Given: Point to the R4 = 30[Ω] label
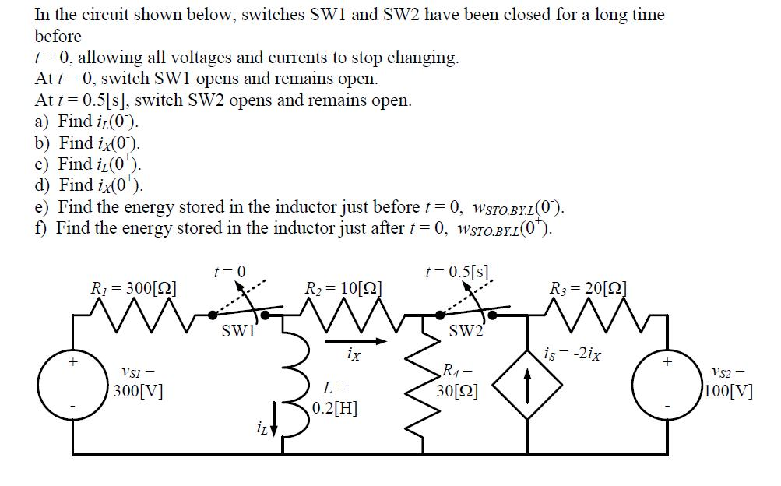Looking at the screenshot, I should tap(459, 379).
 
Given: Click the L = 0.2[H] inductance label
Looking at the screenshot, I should tap(335, 396).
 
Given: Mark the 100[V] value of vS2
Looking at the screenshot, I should tap(728, 389).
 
